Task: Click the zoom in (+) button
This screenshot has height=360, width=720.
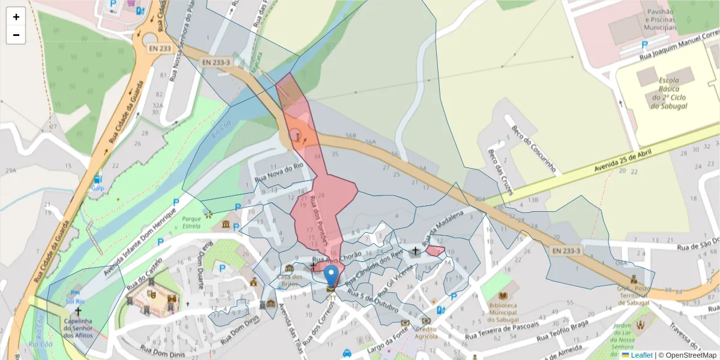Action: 16,17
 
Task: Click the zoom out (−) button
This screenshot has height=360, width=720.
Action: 16,35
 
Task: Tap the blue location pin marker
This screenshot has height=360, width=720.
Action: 331,277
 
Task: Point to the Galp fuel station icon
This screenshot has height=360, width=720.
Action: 97,179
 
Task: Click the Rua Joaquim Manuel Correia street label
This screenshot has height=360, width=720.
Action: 679,50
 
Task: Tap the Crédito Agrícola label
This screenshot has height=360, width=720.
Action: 427,332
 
